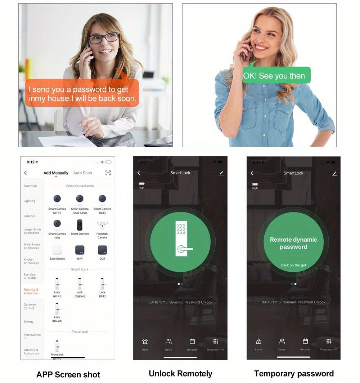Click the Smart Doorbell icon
[x=80, y=225]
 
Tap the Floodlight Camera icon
[x=102, y=225]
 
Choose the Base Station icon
[x=57, y=250]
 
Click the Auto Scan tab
[x=82, y=173]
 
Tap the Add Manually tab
[x=56, y=173]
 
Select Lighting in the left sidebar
[x=30, y=201]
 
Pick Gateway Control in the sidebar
[x=30, y=306]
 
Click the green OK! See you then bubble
[x=275, y=76]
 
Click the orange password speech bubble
[x=82, y=94]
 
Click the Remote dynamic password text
[x=293, y=243]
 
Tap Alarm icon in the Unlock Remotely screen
[x=145, y=342]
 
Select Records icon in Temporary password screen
[x=305, y=342]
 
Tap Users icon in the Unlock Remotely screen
[x=168, y=342]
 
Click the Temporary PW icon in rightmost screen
[x=329, y=342]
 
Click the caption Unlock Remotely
[x=180, y=374]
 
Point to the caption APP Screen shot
[x=68, y=374]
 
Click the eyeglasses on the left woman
[x=104, y=38]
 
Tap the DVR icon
[x=102, y=250]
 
